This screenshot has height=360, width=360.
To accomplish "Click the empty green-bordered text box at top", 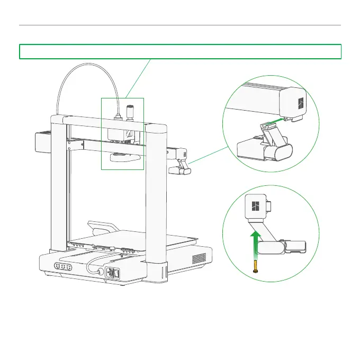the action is [180, 51].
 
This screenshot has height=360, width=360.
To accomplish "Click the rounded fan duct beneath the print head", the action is [123, 157].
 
